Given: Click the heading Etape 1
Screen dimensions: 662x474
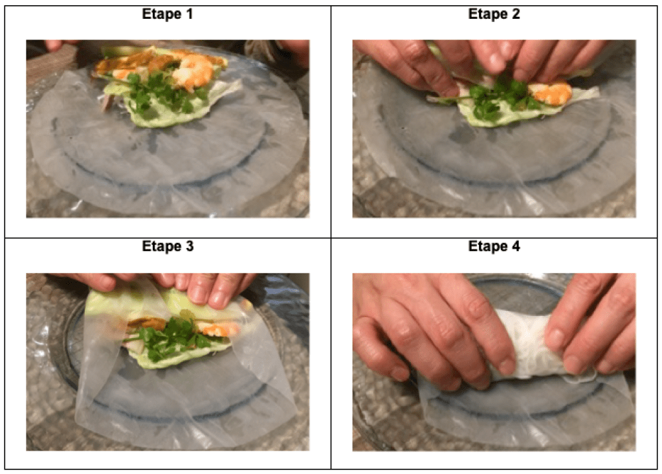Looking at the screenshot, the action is click(167, 14).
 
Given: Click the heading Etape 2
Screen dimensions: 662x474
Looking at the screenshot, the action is click(494, 14).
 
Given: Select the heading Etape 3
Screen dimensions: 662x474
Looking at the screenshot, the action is click(168, 246).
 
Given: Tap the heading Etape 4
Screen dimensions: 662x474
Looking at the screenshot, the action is click(494, 246).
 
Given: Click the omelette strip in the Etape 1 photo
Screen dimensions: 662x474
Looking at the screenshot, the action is click(127, 63).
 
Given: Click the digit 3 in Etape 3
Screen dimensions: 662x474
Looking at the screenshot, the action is click(190, 246).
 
